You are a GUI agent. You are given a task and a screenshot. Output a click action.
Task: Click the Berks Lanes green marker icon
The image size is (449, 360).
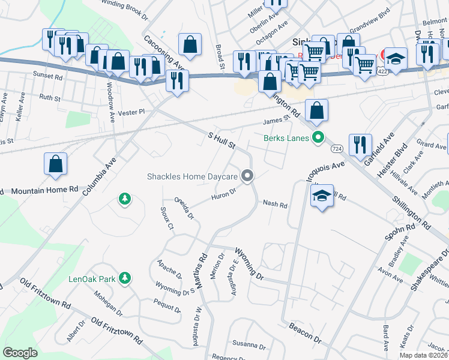[318, 138]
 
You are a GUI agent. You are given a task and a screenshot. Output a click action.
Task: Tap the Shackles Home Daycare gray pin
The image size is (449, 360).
[247, 176]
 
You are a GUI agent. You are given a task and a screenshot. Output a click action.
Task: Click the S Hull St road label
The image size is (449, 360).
[221, 141]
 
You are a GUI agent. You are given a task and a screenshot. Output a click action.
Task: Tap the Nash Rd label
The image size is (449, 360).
[276, 204]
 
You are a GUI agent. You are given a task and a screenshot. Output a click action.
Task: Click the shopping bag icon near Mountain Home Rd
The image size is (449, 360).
[55, 164]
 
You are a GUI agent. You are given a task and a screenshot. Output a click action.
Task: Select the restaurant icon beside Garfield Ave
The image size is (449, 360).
[360, 144]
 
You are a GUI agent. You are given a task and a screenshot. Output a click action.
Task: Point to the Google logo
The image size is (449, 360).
[20, 353]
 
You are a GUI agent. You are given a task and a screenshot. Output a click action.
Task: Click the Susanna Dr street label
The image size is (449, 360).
[249, 346]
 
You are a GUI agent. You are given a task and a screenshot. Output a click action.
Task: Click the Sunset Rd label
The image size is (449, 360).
[48, 76]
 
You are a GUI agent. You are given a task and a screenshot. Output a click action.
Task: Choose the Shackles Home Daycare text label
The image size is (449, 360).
[192, 176]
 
